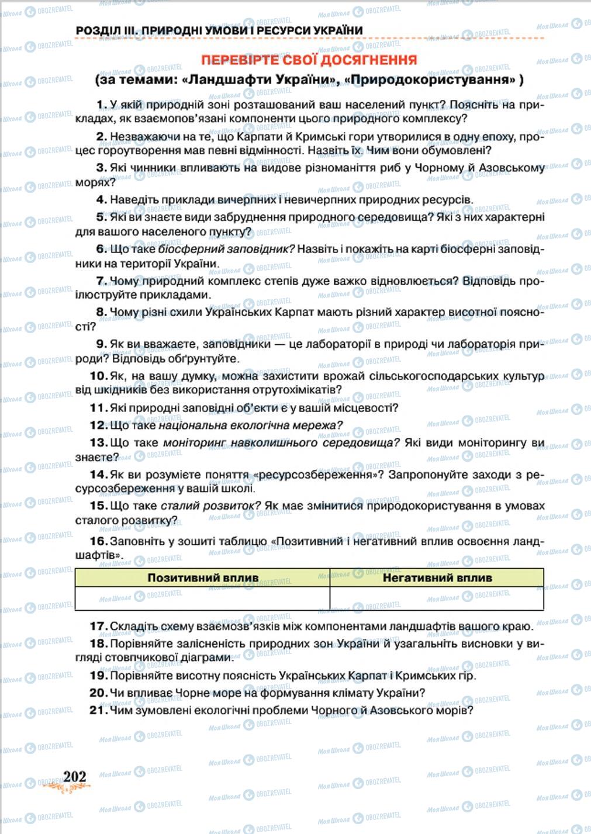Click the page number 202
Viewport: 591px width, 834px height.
coord(74,776)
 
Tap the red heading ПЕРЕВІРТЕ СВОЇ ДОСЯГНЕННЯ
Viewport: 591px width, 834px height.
coord(309,60)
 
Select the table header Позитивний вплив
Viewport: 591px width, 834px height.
coord(202,577)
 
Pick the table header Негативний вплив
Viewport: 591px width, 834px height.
coord(437,577)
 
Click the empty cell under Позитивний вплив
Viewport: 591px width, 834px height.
coord(202,598)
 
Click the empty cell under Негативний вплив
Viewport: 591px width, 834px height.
coord(437,598)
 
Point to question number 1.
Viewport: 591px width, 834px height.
coord(101,105)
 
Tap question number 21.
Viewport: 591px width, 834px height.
coord(98,710)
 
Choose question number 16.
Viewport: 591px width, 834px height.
coord(98,541)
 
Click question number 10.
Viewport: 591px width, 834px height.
coord(98,376)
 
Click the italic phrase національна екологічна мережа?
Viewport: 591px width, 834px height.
coord(250,425)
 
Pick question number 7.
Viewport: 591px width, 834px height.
coord(101,281)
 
